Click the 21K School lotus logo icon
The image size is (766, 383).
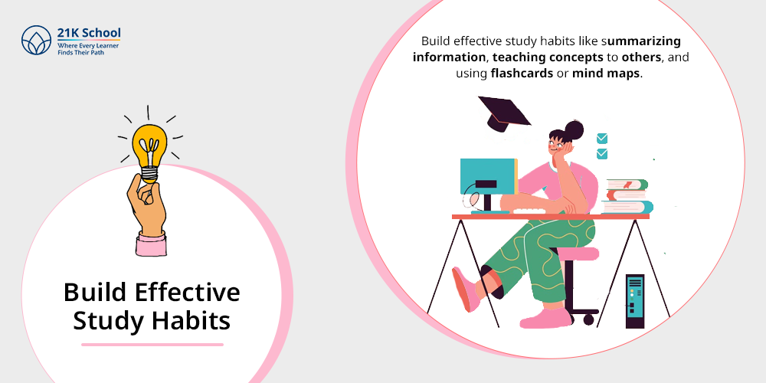point(36,40)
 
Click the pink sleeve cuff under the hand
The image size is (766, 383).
point(151,245)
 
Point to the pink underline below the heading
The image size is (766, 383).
point(152,345)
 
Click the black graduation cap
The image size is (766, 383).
point(504,114)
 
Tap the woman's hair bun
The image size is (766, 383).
point(574,130)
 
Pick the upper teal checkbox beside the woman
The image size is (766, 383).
point(602,138)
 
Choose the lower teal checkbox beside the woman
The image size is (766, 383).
point(602,154)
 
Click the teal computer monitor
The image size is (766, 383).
point(489,176)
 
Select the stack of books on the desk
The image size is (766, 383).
point(627,196)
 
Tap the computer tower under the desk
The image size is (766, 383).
point(634,301)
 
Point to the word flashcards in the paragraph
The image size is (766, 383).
point(522,74)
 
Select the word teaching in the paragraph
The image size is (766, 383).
point(519,57)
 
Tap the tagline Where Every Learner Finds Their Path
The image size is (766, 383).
point(88,48)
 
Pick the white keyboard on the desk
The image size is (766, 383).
point(531,211)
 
